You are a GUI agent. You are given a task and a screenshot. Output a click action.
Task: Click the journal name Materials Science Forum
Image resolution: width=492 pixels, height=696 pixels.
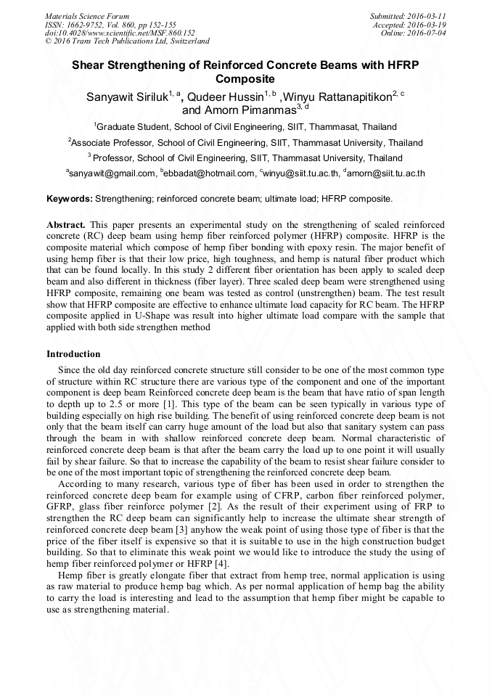tap(87, 15)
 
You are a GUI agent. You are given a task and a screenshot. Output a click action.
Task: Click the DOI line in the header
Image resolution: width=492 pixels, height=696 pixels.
tap(120, 33)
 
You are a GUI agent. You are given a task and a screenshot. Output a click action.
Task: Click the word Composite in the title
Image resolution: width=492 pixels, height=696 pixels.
tap(245, 78)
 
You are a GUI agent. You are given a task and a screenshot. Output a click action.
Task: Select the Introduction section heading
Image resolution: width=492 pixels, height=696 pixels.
tap(73, 354)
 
